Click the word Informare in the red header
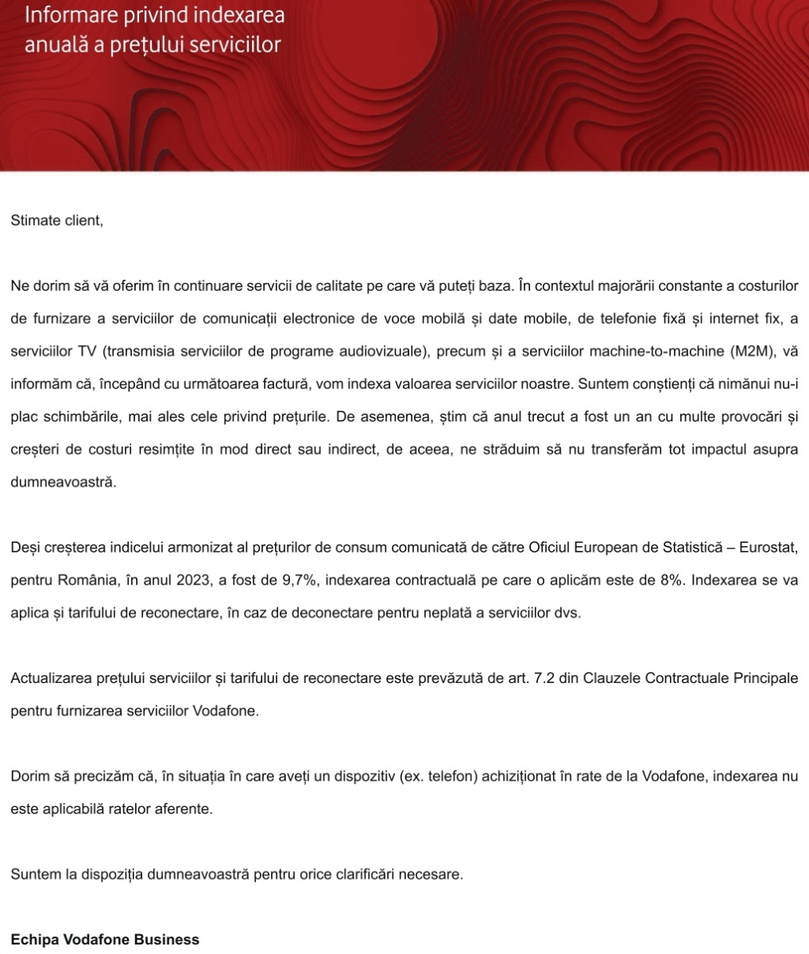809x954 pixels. click(x=66, y=14)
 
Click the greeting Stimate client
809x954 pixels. click(x=56, y=220)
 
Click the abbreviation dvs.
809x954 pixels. click(x=567, y=613)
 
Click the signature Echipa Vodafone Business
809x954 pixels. click(x=105, y=939)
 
